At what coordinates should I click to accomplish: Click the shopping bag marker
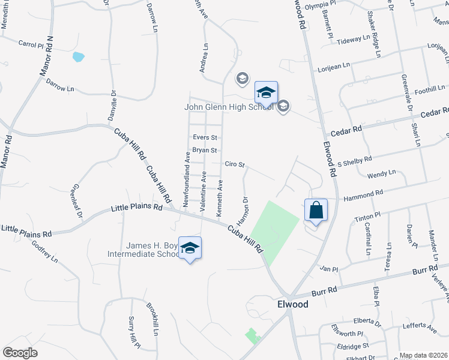316,211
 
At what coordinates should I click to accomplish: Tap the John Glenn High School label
228,107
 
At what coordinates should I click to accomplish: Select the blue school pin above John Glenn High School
266,93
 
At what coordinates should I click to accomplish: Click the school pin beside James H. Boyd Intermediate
190,248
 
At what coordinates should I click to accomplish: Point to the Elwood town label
293,304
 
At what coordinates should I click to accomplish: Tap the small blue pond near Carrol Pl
78,58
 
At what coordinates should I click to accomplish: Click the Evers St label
204,137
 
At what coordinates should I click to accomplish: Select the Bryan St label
204,150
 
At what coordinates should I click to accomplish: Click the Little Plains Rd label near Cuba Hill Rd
137,208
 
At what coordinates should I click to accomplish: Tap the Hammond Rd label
363,194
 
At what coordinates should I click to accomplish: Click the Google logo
20,352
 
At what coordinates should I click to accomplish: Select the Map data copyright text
424,355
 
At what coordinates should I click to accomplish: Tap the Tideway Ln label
354,40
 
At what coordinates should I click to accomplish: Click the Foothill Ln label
427,89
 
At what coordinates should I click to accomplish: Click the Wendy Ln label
383,173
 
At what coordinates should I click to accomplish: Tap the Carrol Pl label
31,44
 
